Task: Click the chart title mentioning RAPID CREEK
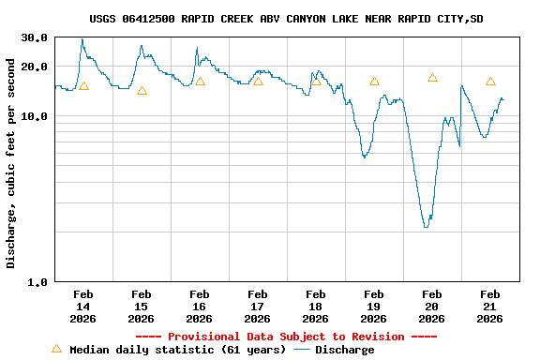287,19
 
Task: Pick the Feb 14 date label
83,307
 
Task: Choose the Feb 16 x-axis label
200,307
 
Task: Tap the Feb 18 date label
316,307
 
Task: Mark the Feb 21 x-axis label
489,307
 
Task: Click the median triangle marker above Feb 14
83,86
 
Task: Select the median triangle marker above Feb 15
142,91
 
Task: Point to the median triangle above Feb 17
258,82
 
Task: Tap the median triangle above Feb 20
432,78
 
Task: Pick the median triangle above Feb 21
490,82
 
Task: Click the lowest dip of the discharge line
426,227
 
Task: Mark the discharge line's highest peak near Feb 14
82,39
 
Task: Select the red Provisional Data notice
286,337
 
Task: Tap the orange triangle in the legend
56,349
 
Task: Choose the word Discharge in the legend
344,350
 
